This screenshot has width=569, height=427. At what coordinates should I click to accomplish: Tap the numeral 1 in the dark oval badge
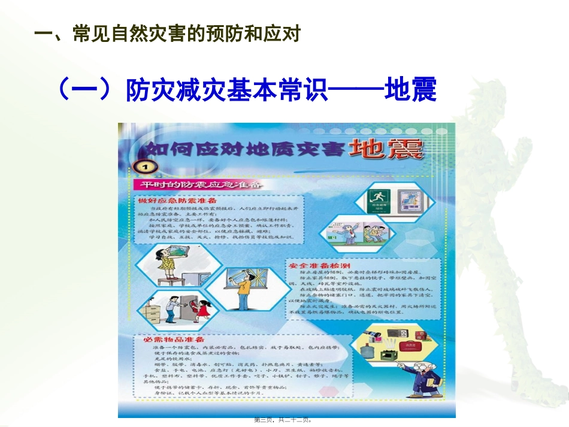pos(146,166)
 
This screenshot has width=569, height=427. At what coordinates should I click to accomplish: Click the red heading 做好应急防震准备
pos(178,199)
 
